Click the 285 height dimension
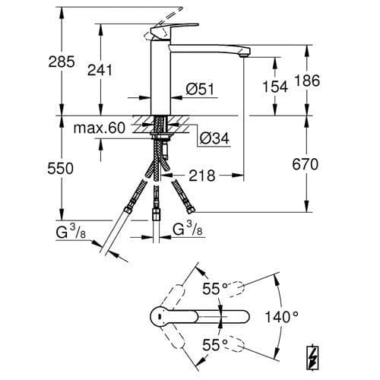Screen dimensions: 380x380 point(62,62)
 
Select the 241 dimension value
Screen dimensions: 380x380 point(100,70)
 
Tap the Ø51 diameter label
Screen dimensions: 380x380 point(200,89)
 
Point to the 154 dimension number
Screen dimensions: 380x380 point(275,87)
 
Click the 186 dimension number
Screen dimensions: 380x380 point(307,81)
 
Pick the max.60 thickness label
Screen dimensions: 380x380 point(100,128)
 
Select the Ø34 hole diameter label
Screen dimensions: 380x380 point(214,138)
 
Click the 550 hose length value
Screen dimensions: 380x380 point(60,169)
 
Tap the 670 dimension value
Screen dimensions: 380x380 point(305,164)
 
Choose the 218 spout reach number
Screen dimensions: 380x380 point(202,176)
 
